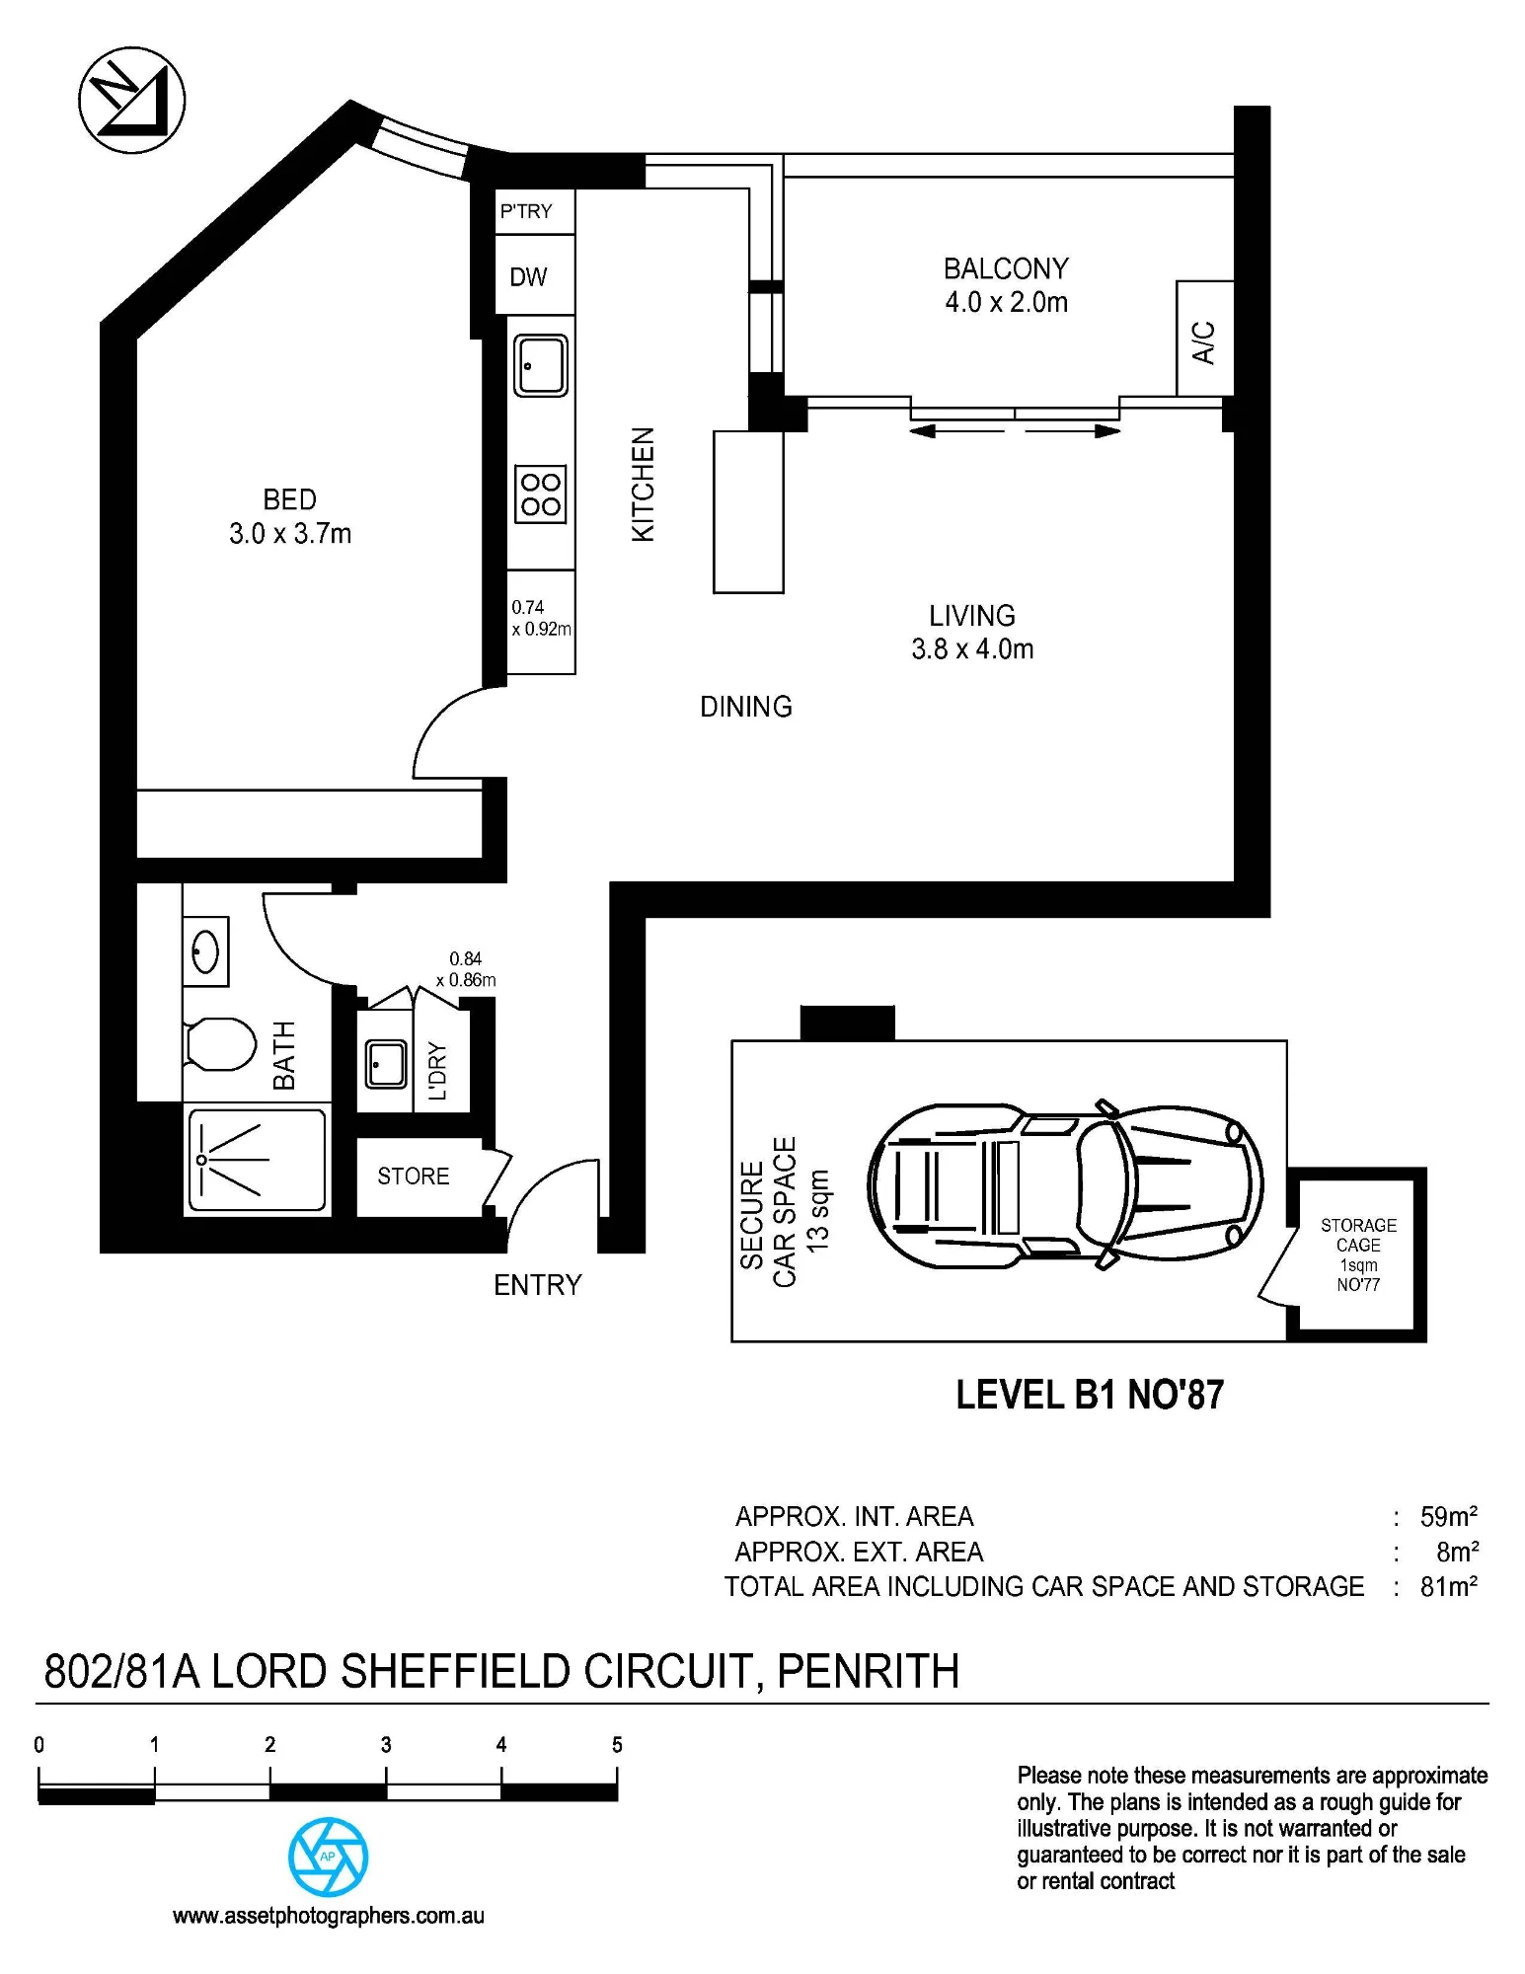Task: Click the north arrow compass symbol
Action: pos(131,100)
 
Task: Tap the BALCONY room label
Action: pos(1006,268)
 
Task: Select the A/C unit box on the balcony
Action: pos(1204,339)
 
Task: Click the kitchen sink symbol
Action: pos(540,365)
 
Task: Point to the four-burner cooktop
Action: pos(541,493)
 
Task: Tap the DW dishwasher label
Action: pos(528,277)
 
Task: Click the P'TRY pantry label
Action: pos(526,211)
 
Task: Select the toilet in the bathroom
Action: pos(219,1044)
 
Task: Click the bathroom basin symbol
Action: pos(205,951)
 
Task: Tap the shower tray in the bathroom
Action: pos(257,1161)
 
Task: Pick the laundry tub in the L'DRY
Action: pos(387,1063)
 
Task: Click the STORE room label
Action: pos(414,1177)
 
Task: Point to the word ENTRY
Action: pos(538,1285)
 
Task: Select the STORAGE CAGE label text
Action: pos(1358,1235)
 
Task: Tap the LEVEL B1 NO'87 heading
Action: pos(1090,1395)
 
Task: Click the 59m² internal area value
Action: pos(1449,1516)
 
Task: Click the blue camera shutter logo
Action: pos(329,1857)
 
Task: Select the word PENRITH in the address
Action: pos(869,1671)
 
